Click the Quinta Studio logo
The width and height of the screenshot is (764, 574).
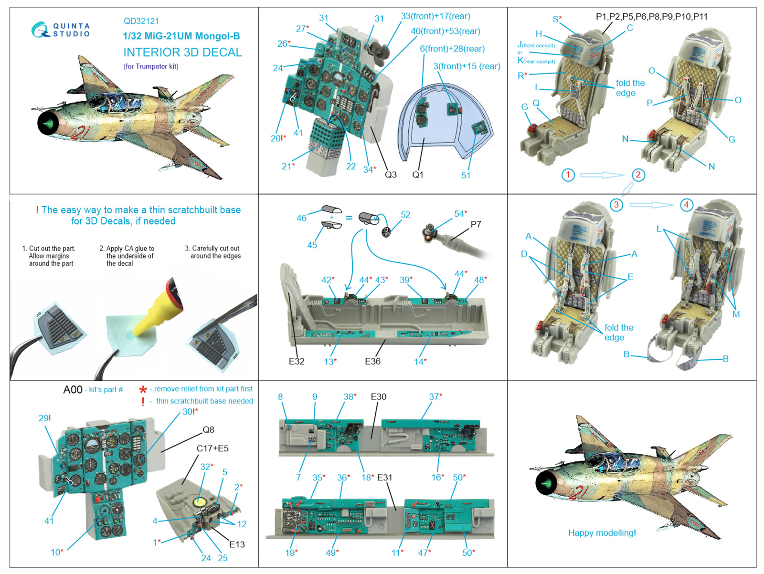tap(60, 30)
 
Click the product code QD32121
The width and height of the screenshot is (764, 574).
tap(141, 21)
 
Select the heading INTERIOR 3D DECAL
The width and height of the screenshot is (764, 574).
tap(182, 52)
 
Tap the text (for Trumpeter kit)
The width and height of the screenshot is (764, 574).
tap(151, 66)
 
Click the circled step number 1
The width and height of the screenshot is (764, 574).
tap(568, 175)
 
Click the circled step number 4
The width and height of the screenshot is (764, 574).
tap(686, 205)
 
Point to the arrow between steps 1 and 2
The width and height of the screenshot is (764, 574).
tap(602, 175)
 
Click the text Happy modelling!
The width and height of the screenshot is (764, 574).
tap(602, 533)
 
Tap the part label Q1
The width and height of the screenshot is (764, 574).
tap(418, 175)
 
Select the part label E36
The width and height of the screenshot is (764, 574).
tap(372, 361)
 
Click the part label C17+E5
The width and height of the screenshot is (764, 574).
tap(212, 449)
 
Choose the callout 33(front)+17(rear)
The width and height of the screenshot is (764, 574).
tap(435, 16)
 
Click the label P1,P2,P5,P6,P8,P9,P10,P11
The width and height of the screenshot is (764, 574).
tap(651, 17)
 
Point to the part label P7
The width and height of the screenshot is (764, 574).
tap(476, 224)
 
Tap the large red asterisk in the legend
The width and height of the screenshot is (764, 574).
tap(143, 390)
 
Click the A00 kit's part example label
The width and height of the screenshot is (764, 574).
tap(73, 390)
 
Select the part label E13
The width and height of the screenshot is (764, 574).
tap(237, 544)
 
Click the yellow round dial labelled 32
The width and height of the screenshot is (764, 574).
tap(200, 502)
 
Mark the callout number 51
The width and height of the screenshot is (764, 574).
tap(466, 175)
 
